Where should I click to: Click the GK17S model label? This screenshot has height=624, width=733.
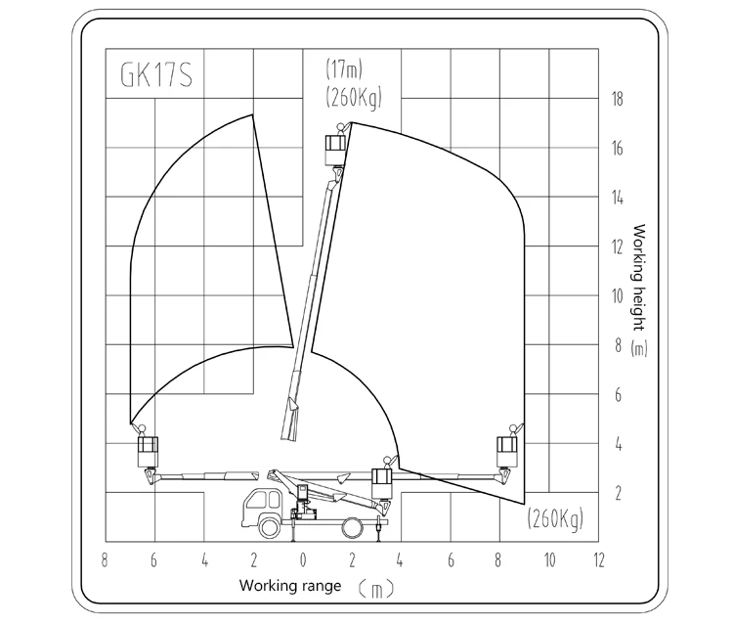coord(156,75)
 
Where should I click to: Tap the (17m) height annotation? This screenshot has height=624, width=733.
coord(344,69)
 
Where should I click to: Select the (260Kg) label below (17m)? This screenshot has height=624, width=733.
coord(354,97)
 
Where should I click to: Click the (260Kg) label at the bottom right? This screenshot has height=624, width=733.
coord(556,518)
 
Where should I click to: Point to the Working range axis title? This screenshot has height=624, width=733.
coord(290,585)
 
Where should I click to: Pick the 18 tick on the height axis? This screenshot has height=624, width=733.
coord(618,99)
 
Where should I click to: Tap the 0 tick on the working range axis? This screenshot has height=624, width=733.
coord(303,559)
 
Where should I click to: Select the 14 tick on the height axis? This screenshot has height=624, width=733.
coord(618,198)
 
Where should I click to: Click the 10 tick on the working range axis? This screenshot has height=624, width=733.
coord(549,559)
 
